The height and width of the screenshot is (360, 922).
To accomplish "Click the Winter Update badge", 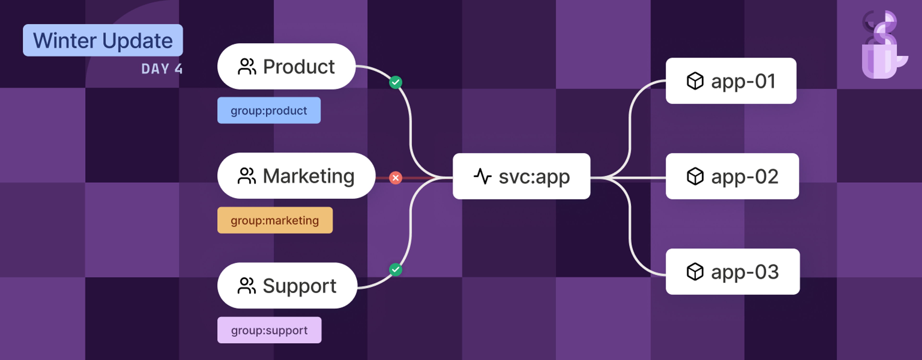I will point(103,40).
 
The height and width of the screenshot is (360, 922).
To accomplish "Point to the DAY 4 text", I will point(162,69).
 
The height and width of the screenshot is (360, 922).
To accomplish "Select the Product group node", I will point(286,66).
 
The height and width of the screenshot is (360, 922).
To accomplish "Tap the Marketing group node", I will point(296,176).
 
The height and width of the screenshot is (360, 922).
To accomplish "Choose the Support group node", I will point(287,286).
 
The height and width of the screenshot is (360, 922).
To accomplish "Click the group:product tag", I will point(269,111).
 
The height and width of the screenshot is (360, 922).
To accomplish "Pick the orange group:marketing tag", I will point(275,220).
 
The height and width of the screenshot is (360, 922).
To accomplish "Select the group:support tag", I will point(269,330).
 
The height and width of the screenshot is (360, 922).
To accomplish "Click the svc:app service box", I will point(521,176).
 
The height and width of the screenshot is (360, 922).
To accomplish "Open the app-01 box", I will point(731,81).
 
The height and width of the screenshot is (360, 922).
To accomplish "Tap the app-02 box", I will point(732,176).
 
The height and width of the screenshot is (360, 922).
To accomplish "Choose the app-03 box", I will point(732,272).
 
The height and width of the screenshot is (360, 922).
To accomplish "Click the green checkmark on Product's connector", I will point(395,82).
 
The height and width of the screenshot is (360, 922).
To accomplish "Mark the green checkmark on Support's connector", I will point(395,270).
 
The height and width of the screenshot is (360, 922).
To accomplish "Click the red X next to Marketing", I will point(395,178).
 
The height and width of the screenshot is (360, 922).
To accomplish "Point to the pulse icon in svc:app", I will point(482,176).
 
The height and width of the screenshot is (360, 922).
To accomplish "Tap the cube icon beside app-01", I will point(695,81).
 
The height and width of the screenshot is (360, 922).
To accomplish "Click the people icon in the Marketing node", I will point(247,176).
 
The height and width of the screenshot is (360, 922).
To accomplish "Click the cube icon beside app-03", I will point(695,272).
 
